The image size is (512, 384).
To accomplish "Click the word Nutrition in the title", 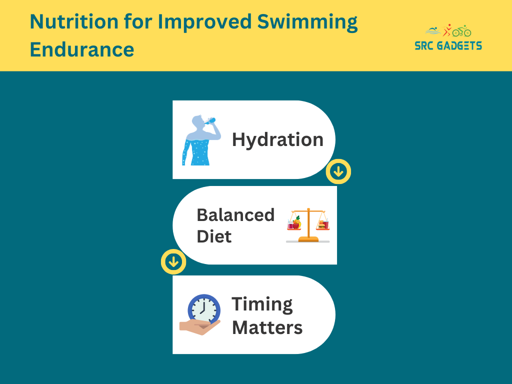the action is (74, 21).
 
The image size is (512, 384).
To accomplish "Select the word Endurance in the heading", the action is (82, 49).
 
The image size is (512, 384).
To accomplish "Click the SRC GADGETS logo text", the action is (448, 45).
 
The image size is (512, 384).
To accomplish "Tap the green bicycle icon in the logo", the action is (461, 31).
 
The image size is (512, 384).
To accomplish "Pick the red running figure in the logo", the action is (447, 30).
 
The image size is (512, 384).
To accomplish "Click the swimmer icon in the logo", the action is (433, 31).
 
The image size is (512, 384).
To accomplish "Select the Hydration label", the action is (277, 140).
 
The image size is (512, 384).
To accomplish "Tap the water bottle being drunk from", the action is (212, 121).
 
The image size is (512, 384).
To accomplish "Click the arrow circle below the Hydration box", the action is (338, 171).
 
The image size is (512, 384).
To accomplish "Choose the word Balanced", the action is (235, 215).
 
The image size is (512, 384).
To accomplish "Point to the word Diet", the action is (214, 236).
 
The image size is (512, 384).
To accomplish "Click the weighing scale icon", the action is (308, 225).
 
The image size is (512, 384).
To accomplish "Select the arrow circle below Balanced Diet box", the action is (173, 261).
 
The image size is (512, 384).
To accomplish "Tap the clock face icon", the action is (204, 309).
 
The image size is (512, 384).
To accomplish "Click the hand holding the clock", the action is (199, 327).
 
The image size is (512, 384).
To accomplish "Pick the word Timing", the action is (262, 304).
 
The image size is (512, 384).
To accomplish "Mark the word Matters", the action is (267, 327).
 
